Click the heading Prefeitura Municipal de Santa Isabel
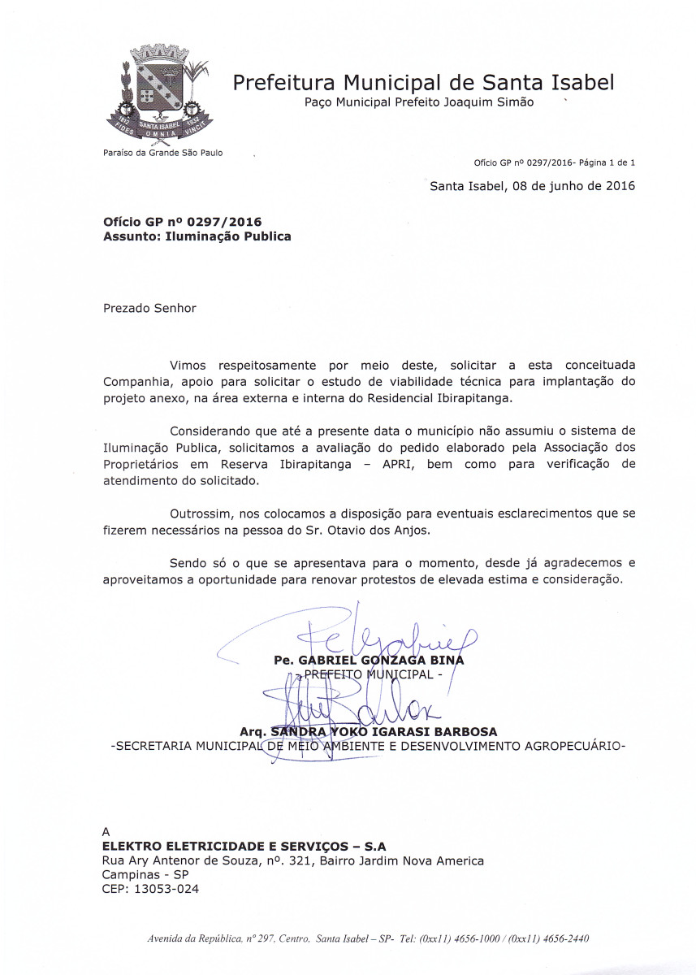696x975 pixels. (x=423, y=82)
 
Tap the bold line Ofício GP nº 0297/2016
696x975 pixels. (x=183, y=222)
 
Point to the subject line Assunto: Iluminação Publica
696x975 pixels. (x=197, y=236)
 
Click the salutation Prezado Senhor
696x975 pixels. (x=149, y=309)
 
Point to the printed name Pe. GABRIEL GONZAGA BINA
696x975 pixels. (x=370, y=660)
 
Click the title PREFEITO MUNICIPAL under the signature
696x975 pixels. (x=370, y=675)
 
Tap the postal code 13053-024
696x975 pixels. (x=166, y=889)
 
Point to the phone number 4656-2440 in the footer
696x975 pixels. (x=567, y=938)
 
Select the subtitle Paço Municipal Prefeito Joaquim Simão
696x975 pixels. (x=419, y=103)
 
